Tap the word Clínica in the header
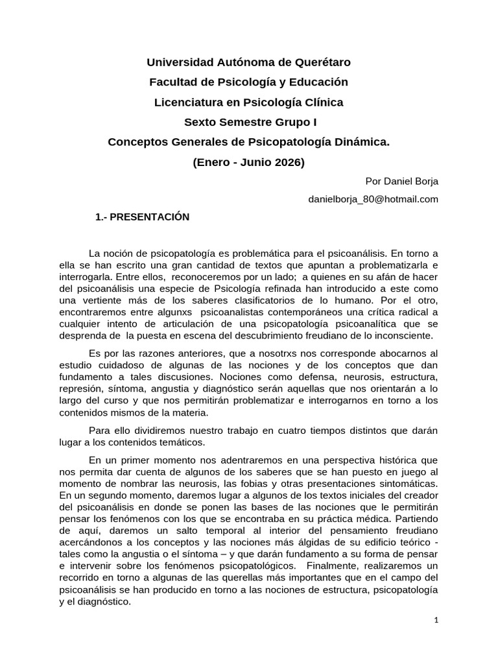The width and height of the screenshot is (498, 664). pos(318,102)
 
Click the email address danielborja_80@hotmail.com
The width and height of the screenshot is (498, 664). pos(373,199)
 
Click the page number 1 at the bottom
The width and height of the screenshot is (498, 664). pos(436,620)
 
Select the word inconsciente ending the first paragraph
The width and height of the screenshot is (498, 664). pos(401,336)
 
